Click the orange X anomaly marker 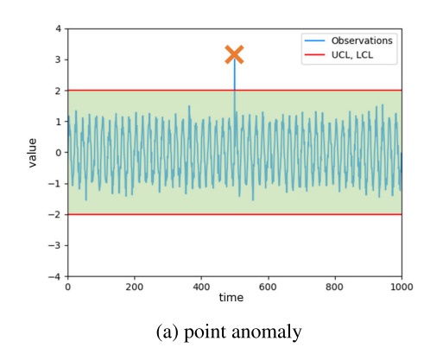pyautogui.click(x=234, y=55)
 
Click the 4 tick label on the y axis pyautogui.click(x=58, y=28)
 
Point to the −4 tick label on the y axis pyautogui.click(x=55, y=276)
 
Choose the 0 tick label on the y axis pyautogui.click(x=58, y=153)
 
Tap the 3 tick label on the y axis pyautogui.click(x=58, y=60)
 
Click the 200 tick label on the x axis pyautogui.click(x=134, y=287)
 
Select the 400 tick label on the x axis pyautogui.click(x=201, y=287)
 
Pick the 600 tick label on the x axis pyautogui.click(x=268, y=287)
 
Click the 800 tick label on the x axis pyautogui.click(x=334, y=287)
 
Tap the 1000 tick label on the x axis pyautogui.click(x=401, y=287)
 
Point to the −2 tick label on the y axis pyautogui.click(x=55, y=214)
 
